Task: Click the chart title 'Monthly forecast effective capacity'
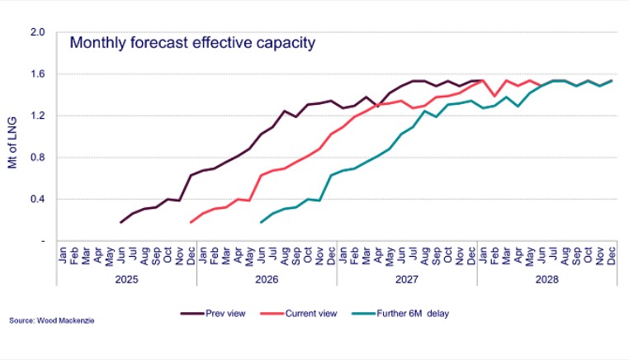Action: point(192,43)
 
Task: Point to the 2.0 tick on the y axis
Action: point(37,33)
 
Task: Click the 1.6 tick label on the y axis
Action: point(37,74)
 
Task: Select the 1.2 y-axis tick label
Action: point(37,116)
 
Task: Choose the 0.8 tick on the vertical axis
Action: point(37,158)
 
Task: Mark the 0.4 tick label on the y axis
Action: point(37,199)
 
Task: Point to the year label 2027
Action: point(407,279)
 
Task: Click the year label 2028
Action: point(546,279)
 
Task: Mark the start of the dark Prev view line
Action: point(121,222)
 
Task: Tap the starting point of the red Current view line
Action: point(192,222)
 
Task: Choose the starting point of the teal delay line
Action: point(262,222)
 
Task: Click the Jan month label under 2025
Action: point(63,256)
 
